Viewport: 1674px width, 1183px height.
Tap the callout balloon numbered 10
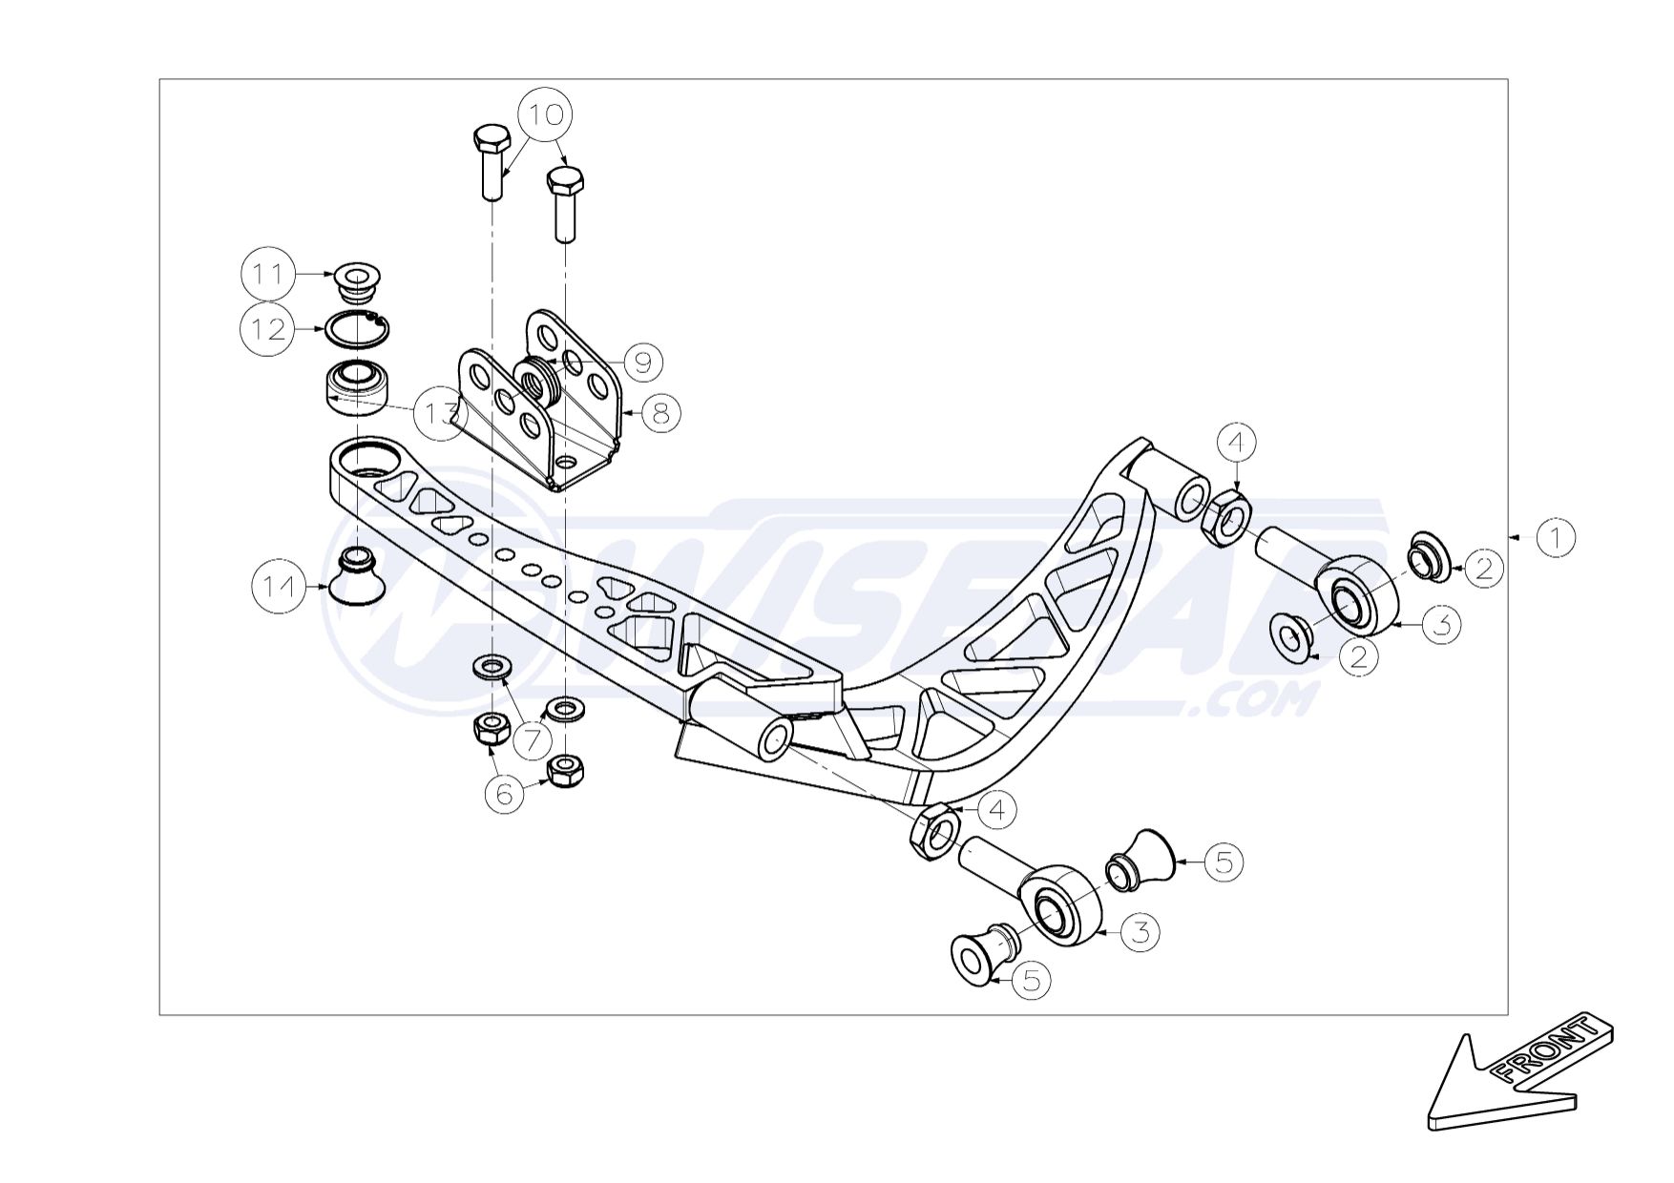point(546,114)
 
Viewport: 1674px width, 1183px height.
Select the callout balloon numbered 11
point(267,275)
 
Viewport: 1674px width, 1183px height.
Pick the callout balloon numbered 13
point(440,414)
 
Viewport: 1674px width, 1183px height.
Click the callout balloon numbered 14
point(280,586)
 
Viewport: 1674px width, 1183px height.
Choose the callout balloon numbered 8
point(661,413)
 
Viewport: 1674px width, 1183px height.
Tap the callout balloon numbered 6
point(505,793)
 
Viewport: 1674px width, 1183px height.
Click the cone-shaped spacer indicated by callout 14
point(358,575)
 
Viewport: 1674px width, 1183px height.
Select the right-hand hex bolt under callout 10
point(565,203)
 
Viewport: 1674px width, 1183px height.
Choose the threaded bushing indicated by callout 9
point(541,380)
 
